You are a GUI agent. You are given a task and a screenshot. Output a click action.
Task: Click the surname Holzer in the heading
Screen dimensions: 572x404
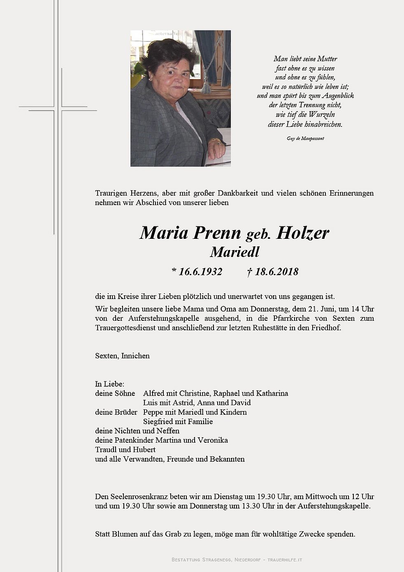point(303,233)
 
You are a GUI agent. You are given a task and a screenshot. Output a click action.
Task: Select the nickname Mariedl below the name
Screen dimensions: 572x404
point(235,252)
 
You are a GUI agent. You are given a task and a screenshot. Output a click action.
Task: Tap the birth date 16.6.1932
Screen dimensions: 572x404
point(200,272)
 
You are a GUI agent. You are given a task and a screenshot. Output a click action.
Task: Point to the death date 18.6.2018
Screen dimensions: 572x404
point(276,272)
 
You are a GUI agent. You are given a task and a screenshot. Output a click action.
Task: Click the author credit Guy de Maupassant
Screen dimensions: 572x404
point(305,138)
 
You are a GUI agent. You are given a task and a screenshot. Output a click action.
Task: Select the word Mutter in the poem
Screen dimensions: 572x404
point(327,59)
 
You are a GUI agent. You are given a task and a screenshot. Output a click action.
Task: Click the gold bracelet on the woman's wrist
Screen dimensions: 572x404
point(214,141)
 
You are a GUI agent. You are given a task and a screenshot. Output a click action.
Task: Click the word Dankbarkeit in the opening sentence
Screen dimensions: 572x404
point(238,193)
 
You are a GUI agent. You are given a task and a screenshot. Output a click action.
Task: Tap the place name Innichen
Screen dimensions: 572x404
point(135,356)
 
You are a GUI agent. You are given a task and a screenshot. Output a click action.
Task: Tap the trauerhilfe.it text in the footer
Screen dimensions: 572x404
point(285,560)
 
